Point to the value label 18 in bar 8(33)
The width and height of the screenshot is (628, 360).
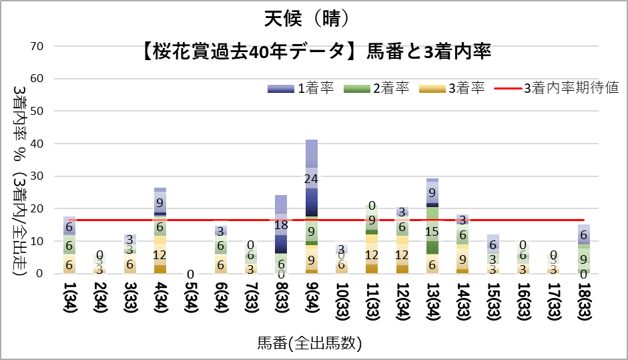tap(281, 225)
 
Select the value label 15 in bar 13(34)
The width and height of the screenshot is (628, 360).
tap(432, 231)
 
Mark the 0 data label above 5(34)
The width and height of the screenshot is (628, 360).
tap(191, 275)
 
